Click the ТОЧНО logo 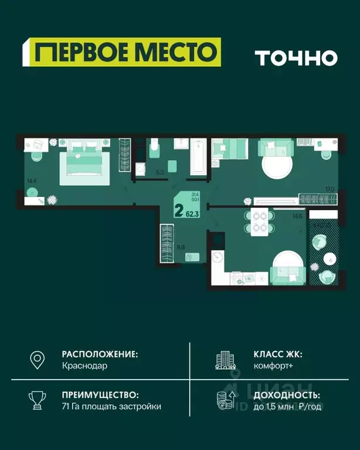click(296, 57)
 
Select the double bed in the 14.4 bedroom click(84, 161)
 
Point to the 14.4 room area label click(31, 181)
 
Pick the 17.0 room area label click(329, 189)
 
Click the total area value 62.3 click(192, 214)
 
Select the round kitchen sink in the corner click(217, 257)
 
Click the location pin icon click(38, 359)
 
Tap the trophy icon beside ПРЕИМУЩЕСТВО click(38, 400)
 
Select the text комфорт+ click(273, 366)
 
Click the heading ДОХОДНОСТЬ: click(286, 395)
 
